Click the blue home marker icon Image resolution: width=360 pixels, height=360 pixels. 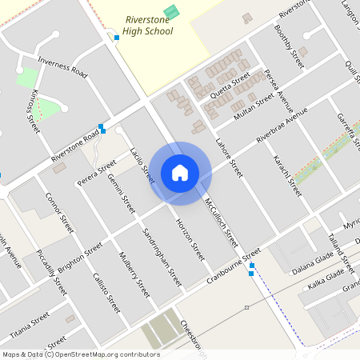point(180,173)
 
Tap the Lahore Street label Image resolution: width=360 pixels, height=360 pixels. point(229,158)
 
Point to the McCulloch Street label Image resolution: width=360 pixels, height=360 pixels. point(221,221)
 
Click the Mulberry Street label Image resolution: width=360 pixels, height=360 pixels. point(134,274)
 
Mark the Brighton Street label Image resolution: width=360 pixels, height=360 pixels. point(80,260)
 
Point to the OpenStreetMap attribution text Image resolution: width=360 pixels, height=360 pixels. point(80,354)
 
